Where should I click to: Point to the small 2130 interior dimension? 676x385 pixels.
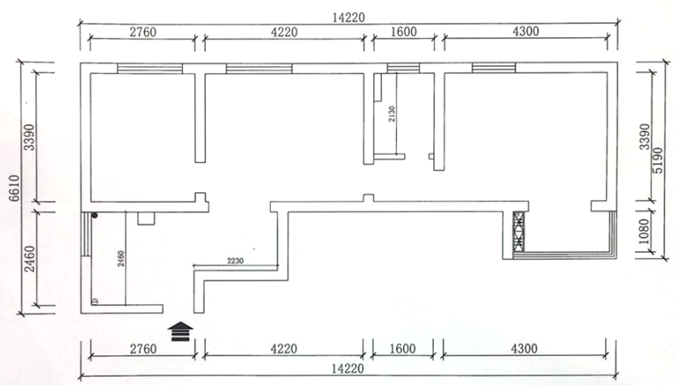point(393,115)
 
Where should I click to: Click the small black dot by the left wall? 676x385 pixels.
point(96,216)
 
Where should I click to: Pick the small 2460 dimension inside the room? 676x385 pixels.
point(120,258)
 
